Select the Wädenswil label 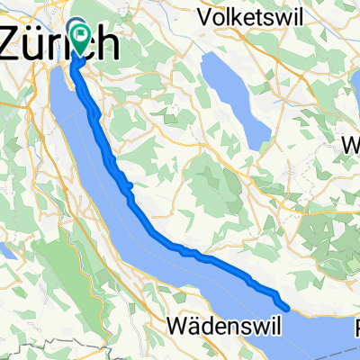[215, 321]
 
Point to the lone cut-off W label [353, 144]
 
